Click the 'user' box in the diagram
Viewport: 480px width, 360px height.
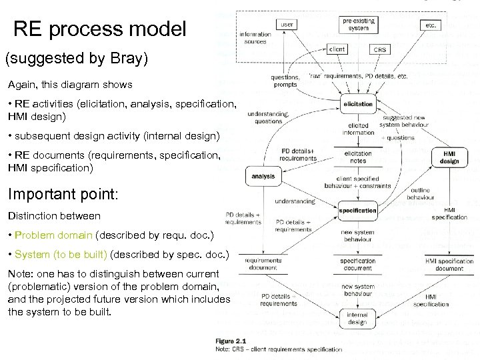coord(287,25)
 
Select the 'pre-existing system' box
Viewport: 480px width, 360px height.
coord(358,25)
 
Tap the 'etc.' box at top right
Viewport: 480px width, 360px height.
coord(431,25)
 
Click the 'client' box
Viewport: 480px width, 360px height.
coord(337,49)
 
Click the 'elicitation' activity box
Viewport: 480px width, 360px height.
coord(358,104)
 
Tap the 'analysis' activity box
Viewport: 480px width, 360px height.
coord(263,177)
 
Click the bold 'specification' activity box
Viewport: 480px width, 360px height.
coord(358,210)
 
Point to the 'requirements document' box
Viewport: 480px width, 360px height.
coord(263,264)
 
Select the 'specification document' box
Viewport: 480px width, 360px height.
coord(358,264)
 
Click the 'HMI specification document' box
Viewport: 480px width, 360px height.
coord(449,264)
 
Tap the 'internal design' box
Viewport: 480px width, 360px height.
coord(358,318)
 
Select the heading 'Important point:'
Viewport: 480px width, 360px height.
coord(63,195)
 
